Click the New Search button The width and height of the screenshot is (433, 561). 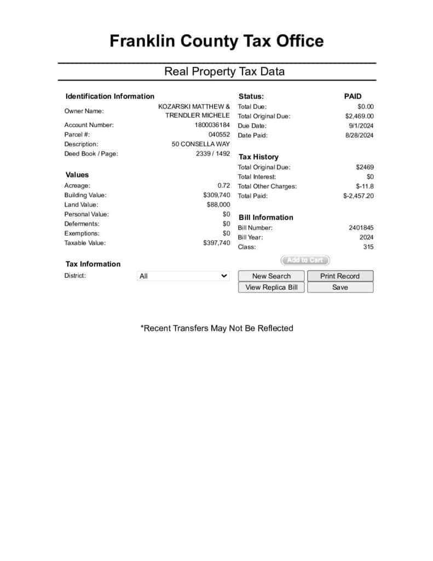tap(272, 276)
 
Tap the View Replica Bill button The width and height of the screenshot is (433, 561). tap(272, 287)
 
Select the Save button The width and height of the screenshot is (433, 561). tap(340, 287)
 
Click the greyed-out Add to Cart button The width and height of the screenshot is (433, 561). tap(305, 260)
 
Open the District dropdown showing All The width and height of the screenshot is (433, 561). tap(183, 276)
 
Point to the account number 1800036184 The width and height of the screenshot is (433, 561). tap(212, 125)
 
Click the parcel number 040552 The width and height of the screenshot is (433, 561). tap(219, 134)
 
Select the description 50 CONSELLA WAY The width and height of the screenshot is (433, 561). tap(201, 144)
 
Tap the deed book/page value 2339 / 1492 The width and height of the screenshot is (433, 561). tap(213, 154)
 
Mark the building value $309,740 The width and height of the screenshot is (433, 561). tap(216, 195)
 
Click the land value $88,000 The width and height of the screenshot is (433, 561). tap(218, 205)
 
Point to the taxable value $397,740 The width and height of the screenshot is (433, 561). tap(216, 243)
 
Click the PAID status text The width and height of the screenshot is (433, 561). tap(353, 96)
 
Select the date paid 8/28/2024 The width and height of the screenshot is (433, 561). tap(360, 135)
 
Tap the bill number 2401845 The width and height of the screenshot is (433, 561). tap(361, 228)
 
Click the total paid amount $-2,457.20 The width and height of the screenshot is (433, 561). tap(359, 196)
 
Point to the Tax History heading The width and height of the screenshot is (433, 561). tap(258, 157)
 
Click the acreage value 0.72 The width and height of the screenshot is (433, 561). tap(223, 186)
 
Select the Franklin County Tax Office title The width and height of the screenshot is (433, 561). tap(216, 41)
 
